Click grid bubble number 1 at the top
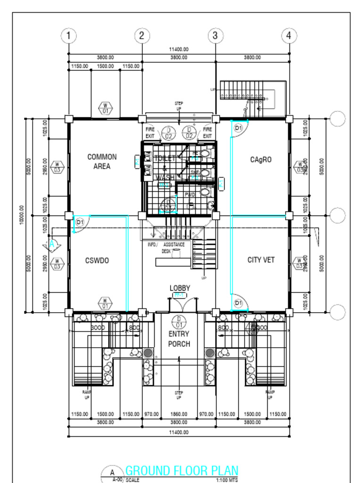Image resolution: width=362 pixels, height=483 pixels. coord(69,35)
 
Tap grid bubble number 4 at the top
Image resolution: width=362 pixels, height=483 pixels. coord(289,35)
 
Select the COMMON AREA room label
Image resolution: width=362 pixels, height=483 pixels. coord(102,161)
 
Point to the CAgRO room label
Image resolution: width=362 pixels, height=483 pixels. coord(261,160)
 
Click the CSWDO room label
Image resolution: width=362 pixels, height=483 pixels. coord(97,260)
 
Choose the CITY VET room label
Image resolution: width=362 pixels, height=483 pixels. coord(261,260)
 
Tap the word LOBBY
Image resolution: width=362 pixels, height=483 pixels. coord(180,288)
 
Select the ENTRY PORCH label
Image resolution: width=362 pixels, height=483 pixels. coord(179,339)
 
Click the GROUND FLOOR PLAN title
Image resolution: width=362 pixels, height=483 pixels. coord(181,470)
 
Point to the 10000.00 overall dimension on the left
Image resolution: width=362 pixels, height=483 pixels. coord(22,215)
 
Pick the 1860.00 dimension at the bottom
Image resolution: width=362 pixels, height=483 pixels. coord(179,414)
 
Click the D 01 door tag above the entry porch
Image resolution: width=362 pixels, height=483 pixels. coord(179,322)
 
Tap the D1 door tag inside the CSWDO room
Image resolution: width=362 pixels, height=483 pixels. coord(80,222)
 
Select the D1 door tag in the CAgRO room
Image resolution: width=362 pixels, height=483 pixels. coord(238,128)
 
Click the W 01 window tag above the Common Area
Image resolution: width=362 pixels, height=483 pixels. coord(106,108)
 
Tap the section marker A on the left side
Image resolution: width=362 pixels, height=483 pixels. coord(52,244)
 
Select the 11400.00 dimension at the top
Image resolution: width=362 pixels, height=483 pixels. coord(179,49)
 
